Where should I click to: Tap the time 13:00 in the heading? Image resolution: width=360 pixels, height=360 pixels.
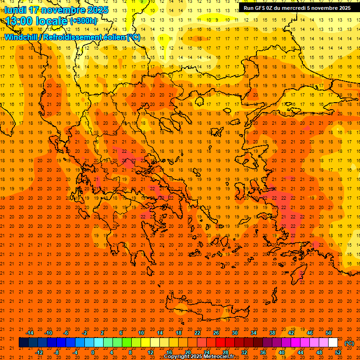[x=19, y=21]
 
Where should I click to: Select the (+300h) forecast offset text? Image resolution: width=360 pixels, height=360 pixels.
[x=83, y=21]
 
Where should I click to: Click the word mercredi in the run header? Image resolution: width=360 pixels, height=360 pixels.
[x=290, y=8]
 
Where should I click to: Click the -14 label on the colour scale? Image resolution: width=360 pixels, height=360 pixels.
[x=30, y=333]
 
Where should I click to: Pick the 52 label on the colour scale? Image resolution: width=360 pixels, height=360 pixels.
[x=338, y=352]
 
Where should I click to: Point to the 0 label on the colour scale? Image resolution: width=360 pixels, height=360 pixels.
[x=93, y=352]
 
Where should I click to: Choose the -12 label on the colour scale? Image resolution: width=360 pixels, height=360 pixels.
[x=39, y=352]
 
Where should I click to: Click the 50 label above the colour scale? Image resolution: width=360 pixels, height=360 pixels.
[x=329, y=333]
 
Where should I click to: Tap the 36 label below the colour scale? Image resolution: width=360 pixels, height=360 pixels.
[x=263, y=352]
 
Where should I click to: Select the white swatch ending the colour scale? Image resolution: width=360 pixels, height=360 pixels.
[x=333, y=343]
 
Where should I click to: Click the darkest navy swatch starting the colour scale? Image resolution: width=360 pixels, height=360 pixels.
[x=23, y=343]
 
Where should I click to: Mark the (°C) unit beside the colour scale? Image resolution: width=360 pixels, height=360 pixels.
[x=349, y=343]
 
